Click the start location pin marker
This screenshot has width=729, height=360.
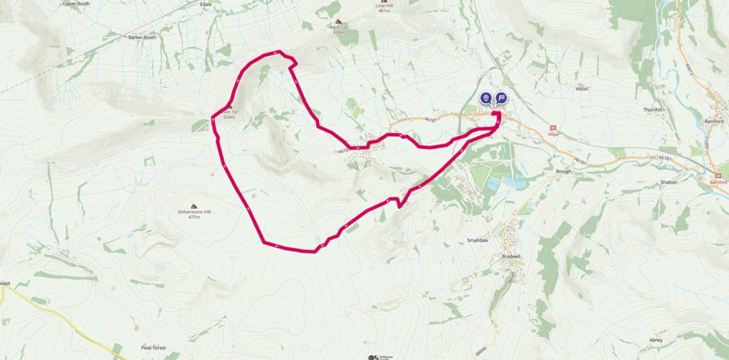486,99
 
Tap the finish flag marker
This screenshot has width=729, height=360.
501,99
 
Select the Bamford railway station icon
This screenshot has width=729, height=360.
720,174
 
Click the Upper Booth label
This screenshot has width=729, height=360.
79,4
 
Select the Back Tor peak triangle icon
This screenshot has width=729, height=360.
337,21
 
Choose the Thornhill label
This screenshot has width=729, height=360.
653,110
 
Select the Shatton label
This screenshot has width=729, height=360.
669,182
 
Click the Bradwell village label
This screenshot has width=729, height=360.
512,255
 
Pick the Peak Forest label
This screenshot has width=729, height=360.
153,347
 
